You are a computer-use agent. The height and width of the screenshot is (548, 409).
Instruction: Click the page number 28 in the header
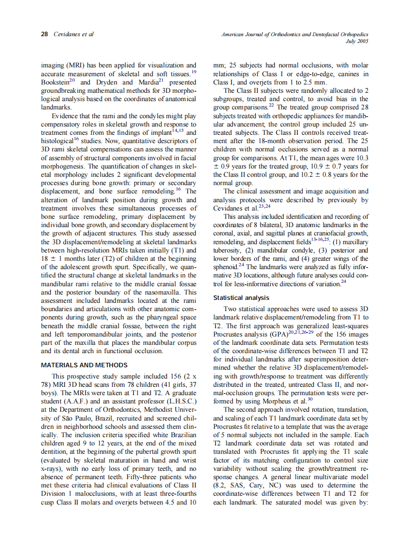click(x=44, y=35)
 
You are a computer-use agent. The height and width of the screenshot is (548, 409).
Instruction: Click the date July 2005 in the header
click(x=357, y=42)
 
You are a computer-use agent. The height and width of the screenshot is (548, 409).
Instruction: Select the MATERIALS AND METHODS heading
click(x=84, y=365)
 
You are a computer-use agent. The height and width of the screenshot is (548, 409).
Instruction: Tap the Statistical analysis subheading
click(x=242, y=297)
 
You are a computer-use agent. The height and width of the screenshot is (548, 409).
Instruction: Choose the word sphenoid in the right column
click(x=228, y=267)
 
